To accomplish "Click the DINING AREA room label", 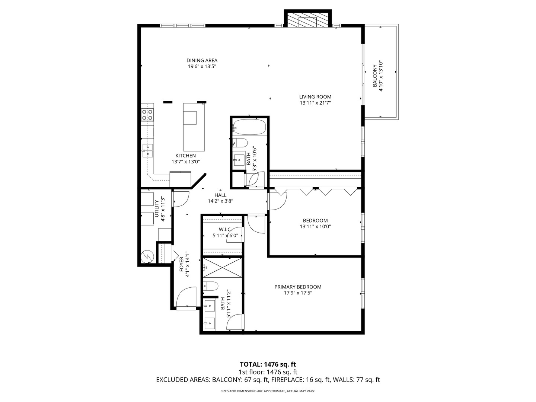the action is click(202, 61).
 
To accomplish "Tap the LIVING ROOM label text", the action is click(315, 97).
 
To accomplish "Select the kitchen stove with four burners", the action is click(147, 115).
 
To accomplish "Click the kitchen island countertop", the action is click(194, 127).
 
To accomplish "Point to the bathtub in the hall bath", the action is click(249, 127).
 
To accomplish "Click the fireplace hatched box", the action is click(308, 19).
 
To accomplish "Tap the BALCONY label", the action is click(374, 76).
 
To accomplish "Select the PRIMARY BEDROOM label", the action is click(298, 287).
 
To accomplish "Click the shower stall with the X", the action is click(222, 268).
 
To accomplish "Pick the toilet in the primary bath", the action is click(211, 286).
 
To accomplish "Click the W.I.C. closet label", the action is click(225, 229).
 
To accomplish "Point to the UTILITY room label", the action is click(157, 209).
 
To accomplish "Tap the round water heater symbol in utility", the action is click(147, 256).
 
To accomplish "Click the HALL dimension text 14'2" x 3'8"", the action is click(220, 201).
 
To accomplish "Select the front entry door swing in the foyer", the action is click(186, 297).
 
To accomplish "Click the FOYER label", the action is click(181, 264).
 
